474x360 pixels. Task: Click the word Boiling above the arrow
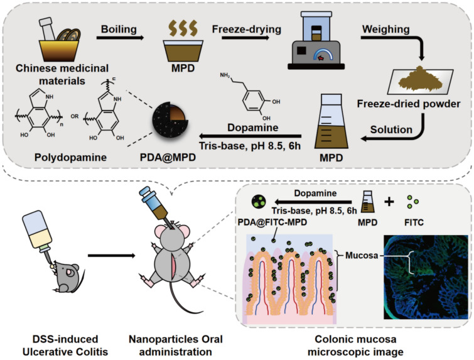(x=119, y=30)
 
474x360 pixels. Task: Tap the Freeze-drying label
(x=247, y=30)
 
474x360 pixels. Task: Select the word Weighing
(x=386, y=30)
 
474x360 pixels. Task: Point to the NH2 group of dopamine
(x=225, y=75)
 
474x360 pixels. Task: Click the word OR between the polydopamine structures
(x=75, y=116)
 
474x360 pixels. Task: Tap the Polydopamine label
(x=70, y=157)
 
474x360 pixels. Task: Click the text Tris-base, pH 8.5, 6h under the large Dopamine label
(x=250, y=146)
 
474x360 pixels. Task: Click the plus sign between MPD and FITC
(x=389, y=202)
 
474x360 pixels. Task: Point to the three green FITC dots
(x=412, y=202)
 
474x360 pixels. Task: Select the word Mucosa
(x=362, y=255)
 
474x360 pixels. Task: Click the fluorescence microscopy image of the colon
(x=426, y=277)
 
